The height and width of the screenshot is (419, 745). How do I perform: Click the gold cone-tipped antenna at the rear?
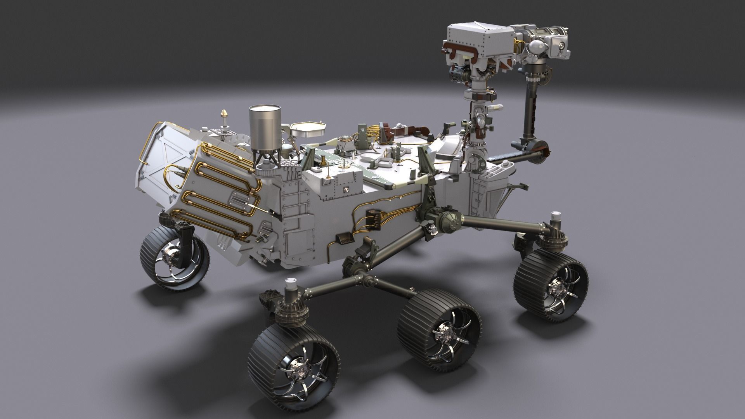pyautogui.click(x=224, y=114)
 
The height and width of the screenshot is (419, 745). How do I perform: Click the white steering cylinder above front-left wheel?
pyautogui.click(x=291, y=287)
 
